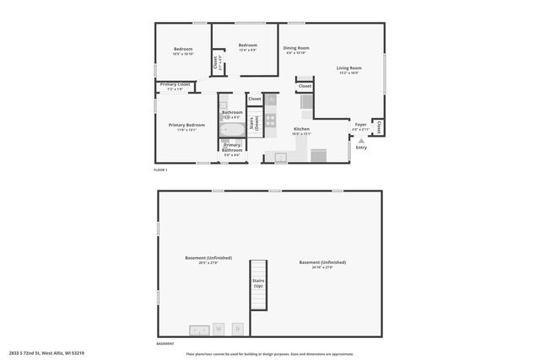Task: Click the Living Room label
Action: [x=348, y=68]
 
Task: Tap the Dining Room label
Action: [x=296, y=48]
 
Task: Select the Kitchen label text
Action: [x=301, y=129]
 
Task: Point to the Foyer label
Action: [x=360, y=124]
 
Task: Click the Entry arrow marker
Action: [x=361, y=141]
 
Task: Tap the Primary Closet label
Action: [x=175, y=84]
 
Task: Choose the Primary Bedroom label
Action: [x=186, y=125]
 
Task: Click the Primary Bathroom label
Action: [x=232, y=148]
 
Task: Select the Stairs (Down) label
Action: [x=254, y=121]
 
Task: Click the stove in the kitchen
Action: [x=271, y=121]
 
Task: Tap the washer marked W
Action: [x=218, y=328]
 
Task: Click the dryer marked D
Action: [x=238, y=328]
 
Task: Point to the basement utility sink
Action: [x=199, y=328]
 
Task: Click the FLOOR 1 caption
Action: [x=160, y=170]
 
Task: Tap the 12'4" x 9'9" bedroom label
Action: [x=247, y=47]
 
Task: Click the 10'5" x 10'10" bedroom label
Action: [x=183, y=51]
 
